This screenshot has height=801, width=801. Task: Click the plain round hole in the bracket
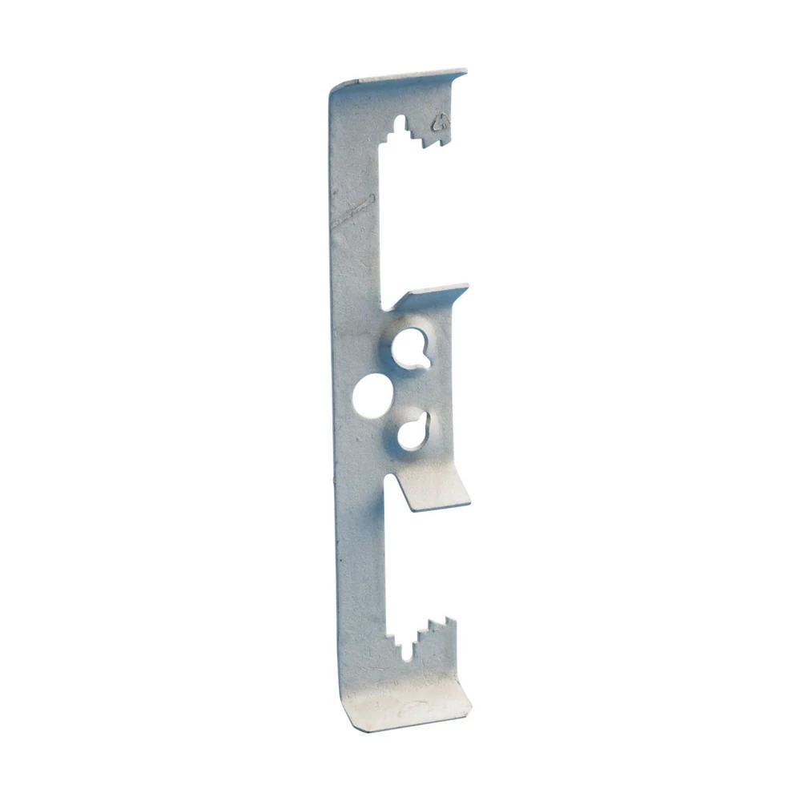372,396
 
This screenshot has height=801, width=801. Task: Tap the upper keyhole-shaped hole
410,348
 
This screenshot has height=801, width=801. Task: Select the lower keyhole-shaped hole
413,432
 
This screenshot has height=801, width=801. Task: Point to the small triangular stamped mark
440,123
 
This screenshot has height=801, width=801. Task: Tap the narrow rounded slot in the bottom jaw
408,648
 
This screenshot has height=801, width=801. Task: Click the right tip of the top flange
465,73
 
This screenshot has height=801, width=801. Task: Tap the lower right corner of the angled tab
469,502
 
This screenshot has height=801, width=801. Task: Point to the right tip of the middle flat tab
466,287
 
